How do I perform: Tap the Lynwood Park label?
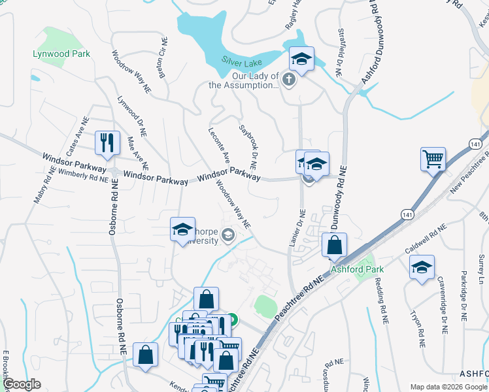[x=62, y=54]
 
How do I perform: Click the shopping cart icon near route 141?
[x=433, y=159]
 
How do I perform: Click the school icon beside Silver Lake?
[x=301, y=59]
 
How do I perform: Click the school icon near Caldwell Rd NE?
[x=422, y=267]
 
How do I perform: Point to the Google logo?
[x=22, y=384]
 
